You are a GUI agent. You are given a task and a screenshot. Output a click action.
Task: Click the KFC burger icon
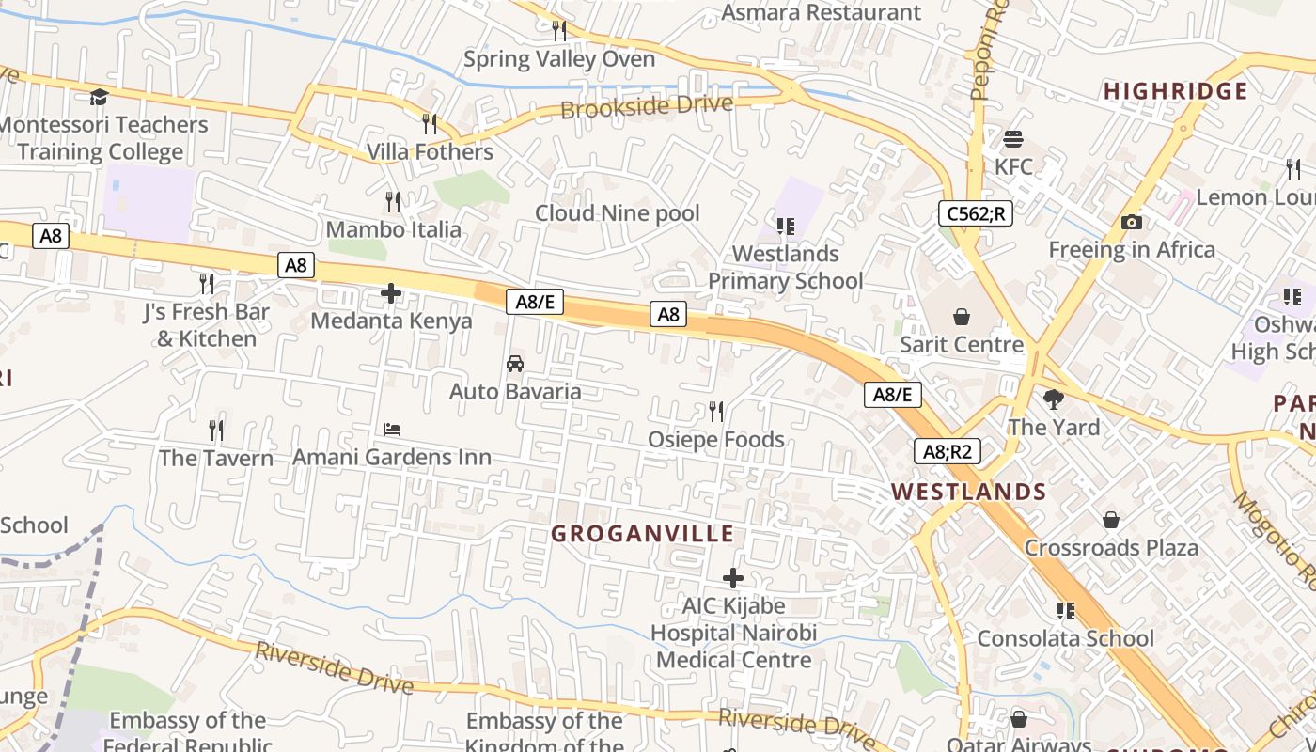(1013, 139)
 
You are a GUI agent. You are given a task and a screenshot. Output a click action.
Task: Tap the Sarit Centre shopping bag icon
(962, 317)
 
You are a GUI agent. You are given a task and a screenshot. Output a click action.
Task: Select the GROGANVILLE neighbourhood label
(642, 534)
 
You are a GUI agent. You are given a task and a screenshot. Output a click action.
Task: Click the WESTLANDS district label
(968, 492)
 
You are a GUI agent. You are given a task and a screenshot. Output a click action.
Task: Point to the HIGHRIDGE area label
(1175, 91)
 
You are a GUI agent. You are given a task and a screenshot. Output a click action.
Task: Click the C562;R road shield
(975, 213)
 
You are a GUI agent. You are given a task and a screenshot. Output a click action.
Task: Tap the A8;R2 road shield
(948, 451)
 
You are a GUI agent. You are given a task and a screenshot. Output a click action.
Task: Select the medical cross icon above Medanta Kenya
(391, 293)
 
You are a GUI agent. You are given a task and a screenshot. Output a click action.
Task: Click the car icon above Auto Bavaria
(515, 364)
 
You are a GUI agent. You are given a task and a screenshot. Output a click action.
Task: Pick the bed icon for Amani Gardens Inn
(392, 430)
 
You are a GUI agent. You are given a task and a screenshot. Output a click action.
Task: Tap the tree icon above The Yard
(1054, 399)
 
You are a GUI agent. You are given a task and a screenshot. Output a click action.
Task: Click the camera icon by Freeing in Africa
(1132, 223)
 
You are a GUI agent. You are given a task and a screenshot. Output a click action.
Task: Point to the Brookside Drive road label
(646, 105)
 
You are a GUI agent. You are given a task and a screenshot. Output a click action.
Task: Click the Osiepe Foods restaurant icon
(716, 412)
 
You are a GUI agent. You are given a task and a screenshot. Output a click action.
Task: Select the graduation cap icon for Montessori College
(99, 97)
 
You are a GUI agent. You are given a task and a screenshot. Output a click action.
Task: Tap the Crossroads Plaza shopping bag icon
(1111, 520)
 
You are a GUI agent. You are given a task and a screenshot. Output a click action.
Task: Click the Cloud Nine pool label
(618, 213)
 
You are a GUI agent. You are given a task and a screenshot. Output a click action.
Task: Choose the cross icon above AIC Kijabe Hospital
(733, 578)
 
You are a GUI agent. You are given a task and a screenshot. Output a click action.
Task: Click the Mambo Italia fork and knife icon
(393, 201)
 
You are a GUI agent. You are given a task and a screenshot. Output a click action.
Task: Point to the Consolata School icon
(1066, 611)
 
